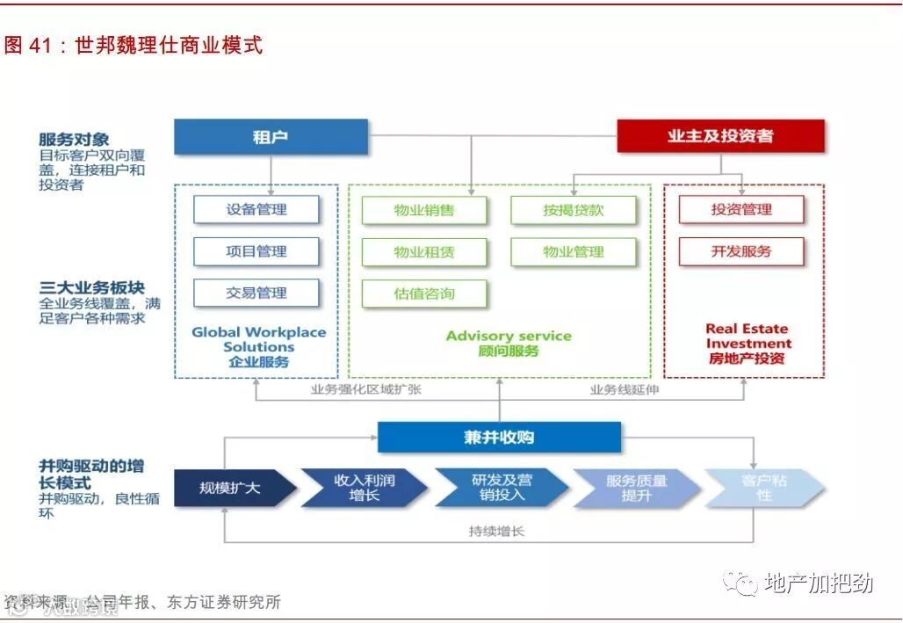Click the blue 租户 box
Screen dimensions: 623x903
tap(271, 137)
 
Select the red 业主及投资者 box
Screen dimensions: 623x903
tap(720, 136)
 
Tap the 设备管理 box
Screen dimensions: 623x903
tap(256, 209)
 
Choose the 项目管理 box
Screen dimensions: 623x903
tap(256, 251)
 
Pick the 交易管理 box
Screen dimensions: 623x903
tap(256, 293)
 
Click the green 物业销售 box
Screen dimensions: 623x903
tap(424, 210)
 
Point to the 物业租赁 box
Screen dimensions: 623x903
tap(424, 252)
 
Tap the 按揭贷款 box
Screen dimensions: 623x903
tap(574, 210)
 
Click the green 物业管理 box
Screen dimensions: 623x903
tap(574, 252)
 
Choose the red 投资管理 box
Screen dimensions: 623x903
tap(741, 209)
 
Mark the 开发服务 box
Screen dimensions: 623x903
tap(741, 251)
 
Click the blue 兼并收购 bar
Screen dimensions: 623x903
tap(499, 438)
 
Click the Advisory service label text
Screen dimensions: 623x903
tap(508, 336)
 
